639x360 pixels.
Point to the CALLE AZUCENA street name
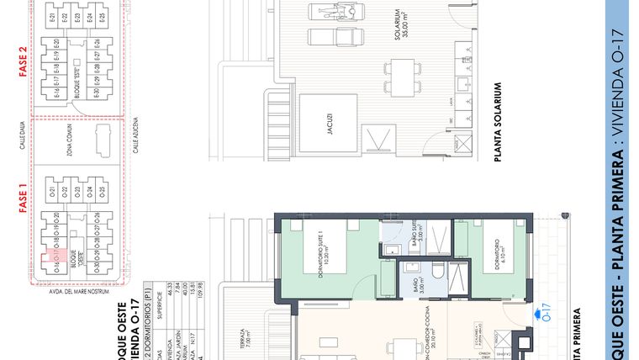[x=134, y=138]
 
